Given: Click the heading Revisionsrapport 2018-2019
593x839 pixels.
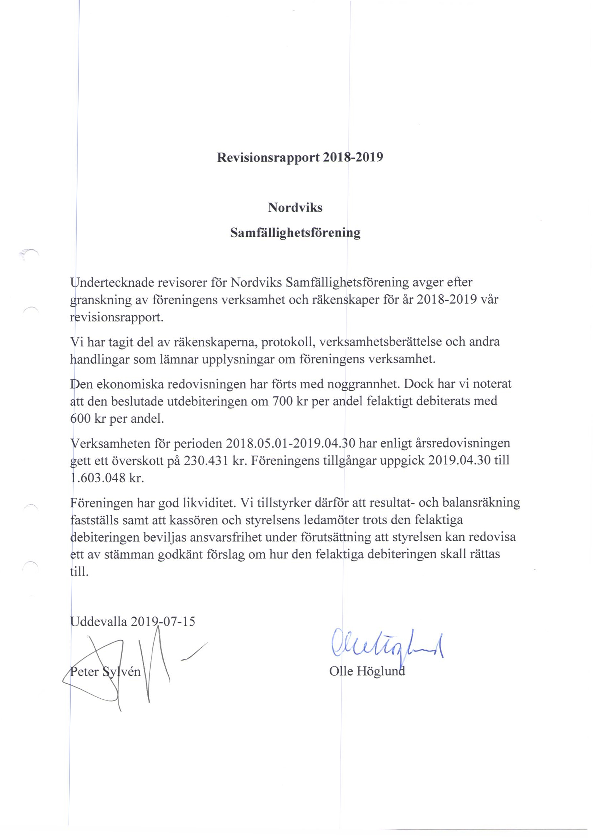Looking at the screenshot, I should point(300,157).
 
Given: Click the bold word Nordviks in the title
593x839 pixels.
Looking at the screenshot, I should point(295,207).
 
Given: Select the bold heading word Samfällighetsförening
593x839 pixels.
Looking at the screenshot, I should point(295,233).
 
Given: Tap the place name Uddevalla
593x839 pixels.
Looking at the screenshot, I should point(99,621).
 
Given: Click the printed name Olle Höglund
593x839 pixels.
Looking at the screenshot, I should point(367,671).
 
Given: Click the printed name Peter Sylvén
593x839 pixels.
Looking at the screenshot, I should point(105,672).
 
